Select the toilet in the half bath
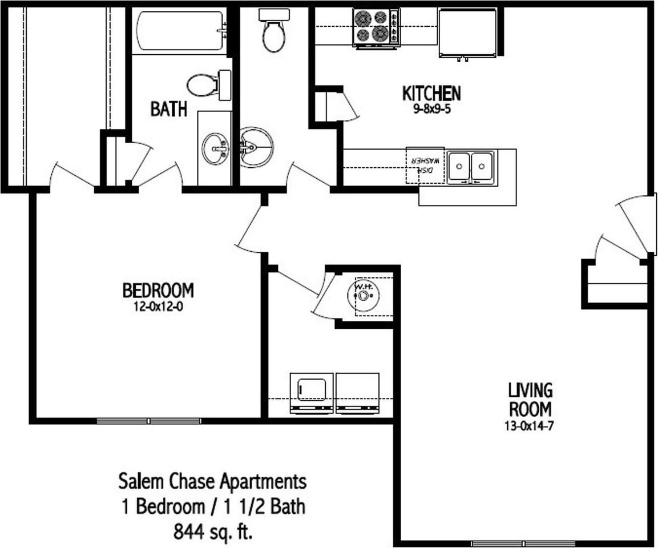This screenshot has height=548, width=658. (274, 31)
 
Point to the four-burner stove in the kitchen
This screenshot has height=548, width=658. (376, 27)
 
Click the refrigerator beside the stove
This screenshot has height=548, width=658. (467, 33)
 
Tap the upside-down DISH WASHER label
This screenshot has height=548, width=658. (425, 166)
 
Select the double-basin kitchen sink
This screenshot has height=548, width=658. (471, 167)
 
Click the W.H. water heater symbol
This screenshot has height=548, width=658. (364, 296)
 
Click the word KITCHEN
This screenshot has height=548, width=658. (431, 93)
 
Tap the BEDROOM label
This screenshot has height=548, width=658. (158, 291)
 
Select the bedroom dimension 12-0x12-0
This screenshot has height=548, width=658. (158, 307)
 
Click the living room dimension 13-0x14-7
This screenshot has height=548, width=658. (530, 425)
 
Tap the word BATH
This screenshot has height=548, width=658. (168, 109)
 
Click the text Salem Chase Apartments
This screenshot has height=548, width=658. (212, 481)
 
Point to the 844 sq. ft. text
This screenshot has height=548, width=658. (212, 532)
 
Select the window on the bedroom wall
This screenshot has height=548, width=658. (149, 421)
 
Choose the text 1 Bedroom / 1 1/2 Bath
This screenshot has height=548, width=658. (212, 507)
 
